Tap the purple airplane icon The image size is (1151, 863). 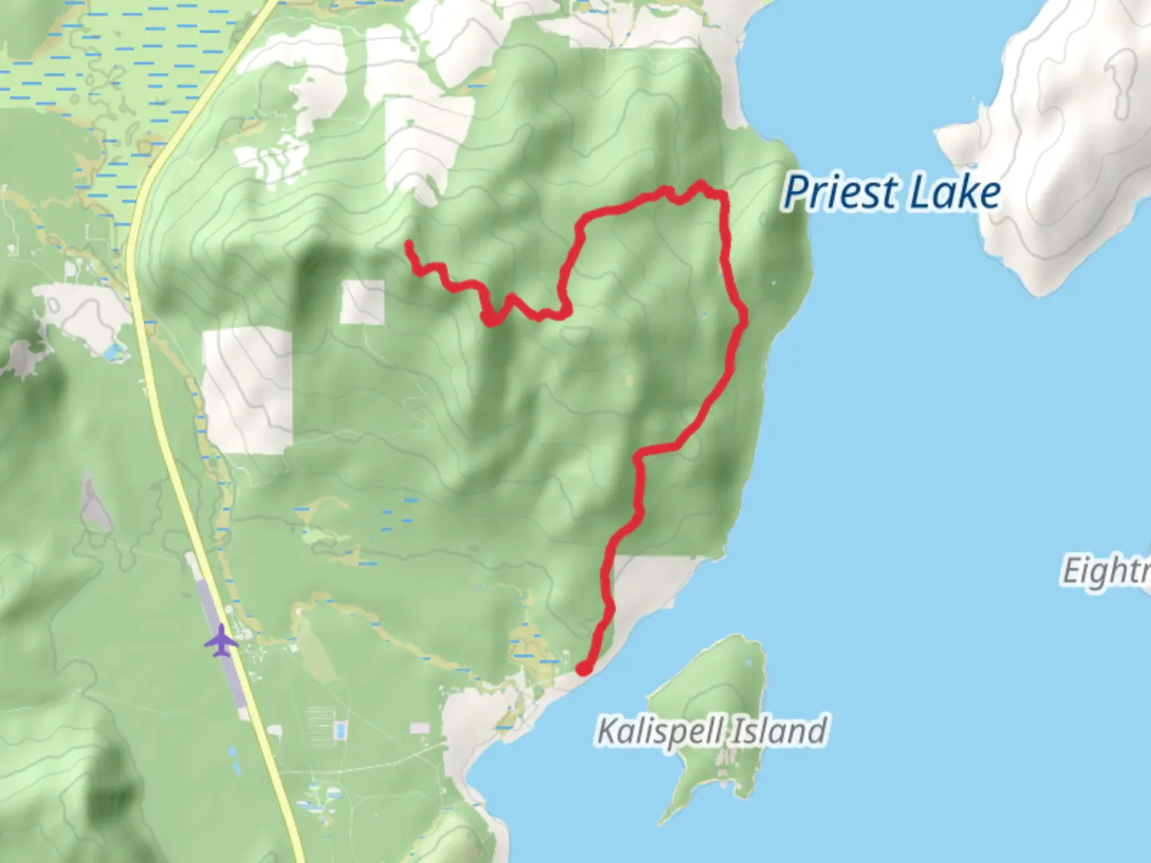coord(221,641)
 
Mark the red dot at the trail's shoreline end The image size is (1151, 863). coord(584,668)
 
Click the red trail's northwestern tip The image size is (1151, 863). coord(408,243)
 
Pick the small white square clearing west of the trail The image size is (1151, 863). coord(362,302)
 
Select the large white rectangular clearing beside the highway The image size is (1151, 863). coord(248,390)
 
